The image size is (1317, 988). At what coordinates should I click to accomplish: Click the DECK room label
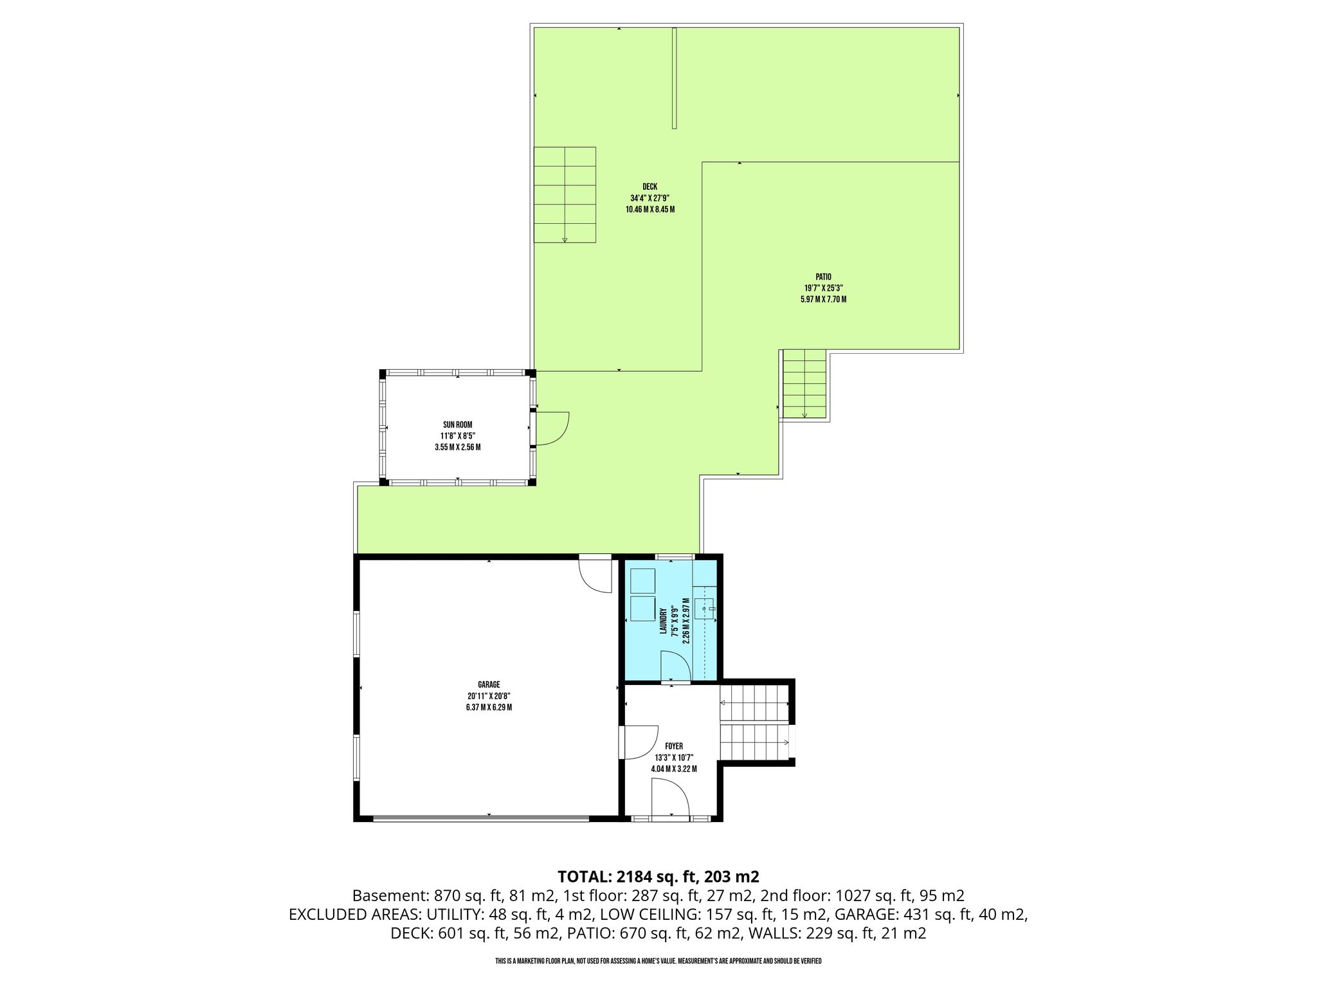[x=649, y=187]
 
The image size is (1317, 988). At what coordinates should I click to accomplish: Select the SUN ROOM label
[x=457, y=425]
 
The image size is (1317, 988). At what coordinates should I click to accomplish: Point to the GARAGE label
[x=489, y=684]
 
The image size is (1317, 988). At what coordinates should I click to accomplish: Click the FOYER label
[x=674, y=746]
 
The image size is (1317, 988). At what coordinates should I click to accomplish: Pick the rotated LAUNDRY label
[x=662, y=621]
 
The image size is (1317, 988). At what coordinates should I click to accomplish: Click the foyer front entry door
[x=670, y=797]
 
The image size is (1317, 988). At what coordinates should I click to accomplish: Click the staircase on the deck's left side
[x=565, y=195]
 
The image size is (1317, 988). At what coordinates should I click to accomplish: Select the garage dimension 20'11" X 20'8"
[x=489, y=696]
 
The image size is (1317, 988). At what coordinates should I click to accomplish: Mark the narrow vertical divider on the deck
[x=675, y=78]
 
